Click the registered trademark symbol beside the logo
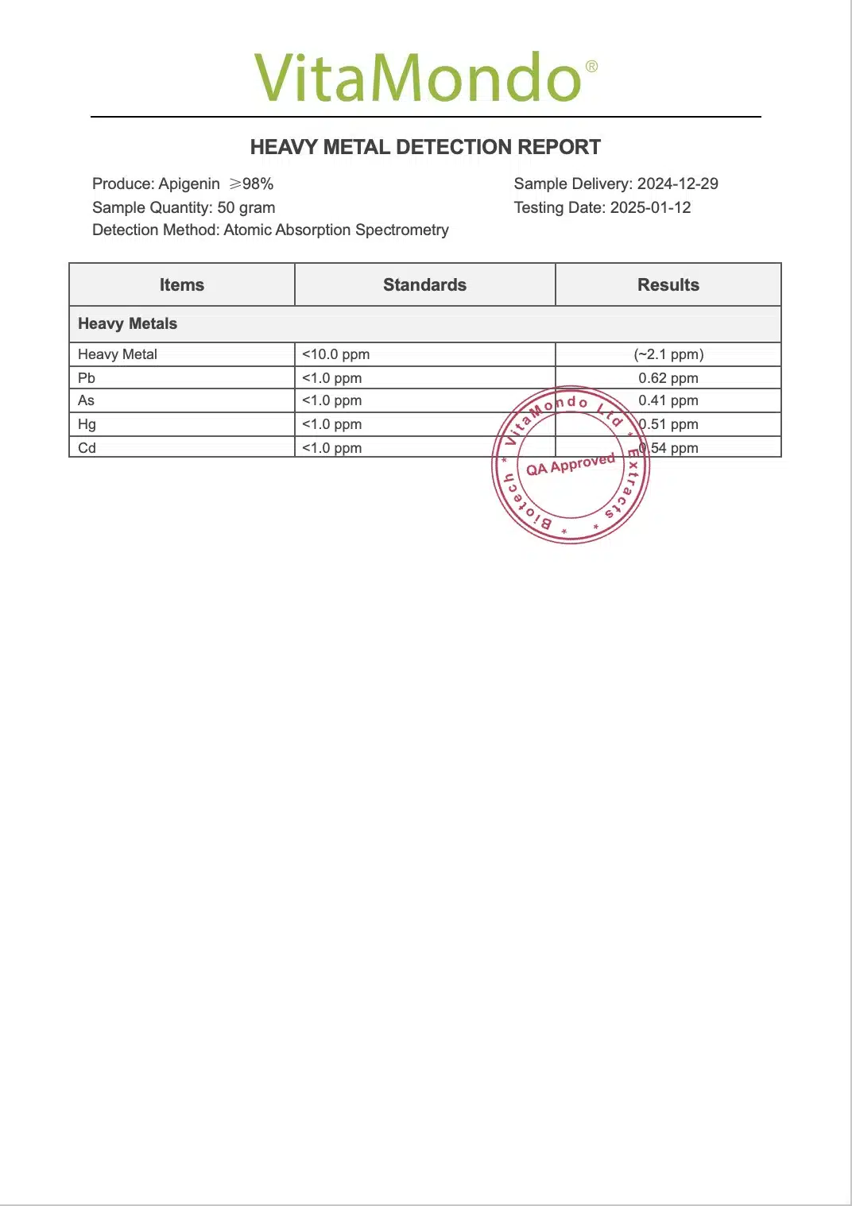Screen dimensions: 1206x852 coord(591,67)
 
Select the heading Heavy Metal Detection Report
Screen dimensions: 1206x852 coord(425,147)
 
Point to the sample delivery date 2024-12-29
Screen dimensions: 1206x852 coord(677,184)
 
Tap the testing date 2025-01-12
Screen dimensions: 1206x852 coord(650,207)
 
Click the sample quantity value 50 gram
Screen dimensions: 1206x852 coord(246,207)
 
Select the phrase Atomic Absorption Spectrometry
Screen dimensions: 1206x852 coord(336,230)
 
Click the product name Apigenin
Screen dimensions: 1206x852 coord(189,184)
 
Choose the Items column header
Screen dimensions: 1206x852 coord(182,284)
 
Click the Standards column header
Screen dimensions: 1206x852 coord(424,284)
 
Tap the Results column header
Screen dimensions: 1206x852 coord(668,284)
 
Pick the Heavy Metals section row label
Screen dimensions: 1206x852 coord(127,323)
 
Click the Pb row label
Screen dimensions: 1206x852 coord(87,378)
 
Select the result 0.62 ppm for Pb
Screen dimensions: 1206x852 coord(668,378)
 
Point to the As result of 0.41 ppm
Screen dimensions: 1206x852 coord(668,400)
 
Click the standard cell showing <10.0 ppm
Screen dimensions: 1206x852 coord(335,354)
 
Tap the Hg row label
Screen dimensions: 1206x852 coord(87,424)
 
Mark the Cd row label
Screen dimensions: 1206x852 coord(87,448)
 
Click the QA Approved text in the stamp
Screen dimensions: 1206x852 coord(571,464)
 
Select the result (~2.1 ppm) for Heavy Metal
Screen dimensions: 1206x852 coord(668,354)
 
